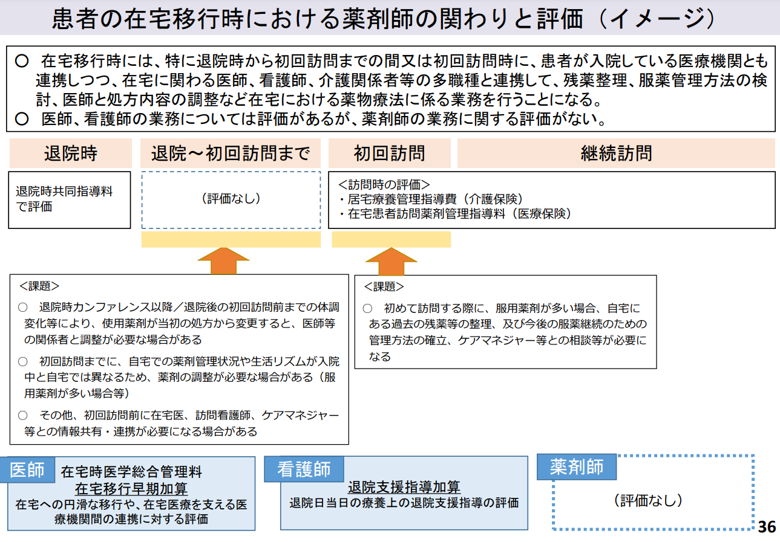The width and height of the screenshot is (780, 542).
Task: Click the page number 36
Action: click(x=766, y=526)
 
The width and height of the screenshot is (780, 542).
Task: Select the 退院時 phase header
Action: click(x=70, y=153)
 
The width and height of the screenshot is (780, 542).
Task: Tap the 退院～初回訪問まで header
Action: click(x=231, y=153)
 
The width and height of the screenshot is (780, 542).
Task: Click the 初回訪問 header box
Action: click(x=390, y=153)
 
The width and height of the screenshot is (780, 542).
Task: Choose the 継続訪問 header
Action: click(x=616, y=153)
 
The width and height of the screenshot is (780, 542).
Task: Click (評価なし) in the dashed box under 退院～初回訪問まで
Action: click(x=231, y=199)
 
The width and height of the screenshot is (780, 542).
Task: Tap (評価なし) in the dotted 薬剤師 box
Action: click(x=647, y=500)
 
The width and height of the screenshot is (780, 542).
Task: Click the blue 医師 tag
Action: click(x=28, y=469)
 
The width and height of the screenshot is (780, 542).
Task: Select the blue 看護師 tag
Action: click(x=304, y=469)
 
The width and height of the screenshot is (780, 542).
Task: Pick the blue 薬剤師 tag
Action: click(x=577, y=466)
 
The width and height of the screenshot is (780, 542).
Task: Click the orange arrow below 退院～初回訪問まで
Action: click(x=224, y=261)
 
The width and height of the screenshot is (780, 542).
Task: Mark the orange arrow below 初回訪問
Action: click(x=392, y=261)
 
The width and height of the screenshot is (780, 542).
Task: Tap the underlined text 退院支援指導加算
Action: click(x=404, y=487)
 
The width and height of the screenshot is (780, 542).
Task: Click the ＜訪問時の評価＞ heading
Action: click(x=384, y=185)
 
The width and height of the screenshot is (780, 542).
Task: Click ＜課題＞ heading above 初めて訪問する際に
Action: click(x=384, y=286)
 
